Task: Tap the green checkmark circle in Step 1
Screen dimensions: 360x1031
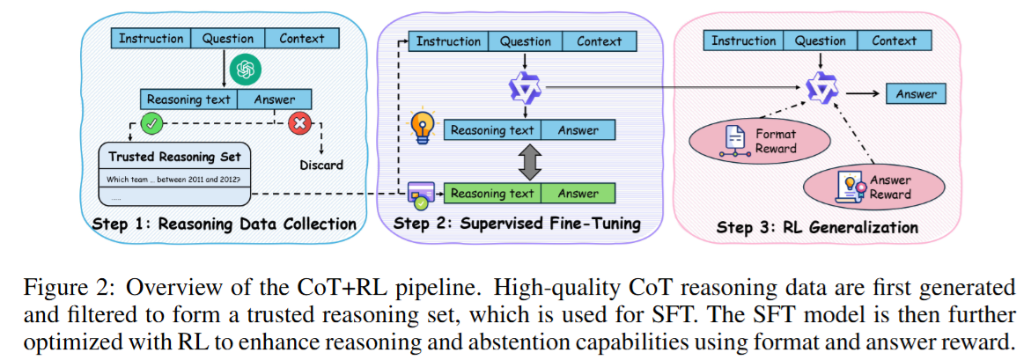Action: [152, 125]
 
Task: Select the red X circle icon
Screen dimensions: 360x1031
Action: [301, 125]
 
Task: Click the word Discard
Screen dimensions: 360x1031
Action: [320, 165]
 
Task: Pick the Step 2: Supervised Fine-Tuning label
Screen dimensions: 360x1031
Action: [517, 224]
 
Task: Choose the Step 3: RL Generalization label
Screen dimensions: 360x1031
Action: [817, 227]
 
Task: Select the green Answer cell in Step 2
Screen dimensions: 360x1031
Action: [577, 194]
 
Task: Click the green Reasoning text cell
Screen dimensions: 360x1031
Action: [492, 194]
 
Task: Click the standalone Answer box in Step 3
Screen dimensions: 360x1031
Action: [917, 94]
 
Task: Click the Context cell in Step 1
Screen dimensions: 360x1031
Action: [302, 39]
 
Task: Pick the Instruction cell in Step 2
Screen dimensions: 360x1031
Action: [448, 41]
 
